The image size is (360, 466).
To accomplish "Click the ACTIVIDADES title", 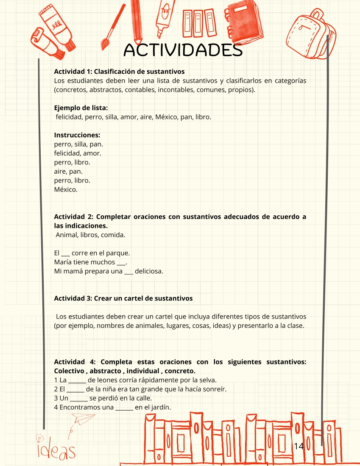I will pos(183,50).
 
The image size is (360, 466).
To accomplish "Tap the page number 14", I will pos(299,446).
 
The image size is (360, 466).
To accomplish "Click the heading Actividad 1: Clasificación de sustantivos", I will pos(119,71).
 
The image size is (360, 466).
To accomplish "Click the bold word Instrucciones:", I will pos(77,135).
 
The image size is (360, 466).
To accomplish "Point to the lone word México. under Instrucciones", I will pos(66,190).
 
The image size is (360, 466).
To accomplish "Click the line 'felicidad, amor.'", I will pos(78,153).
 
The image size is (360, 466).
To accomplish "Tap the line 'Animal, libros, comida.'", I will pos(90,235).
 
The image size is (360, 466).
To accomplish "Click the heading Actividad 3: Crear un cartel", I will pos(123,298).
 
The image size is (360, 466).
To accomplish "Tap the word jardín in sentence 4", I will pos(159,408).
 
